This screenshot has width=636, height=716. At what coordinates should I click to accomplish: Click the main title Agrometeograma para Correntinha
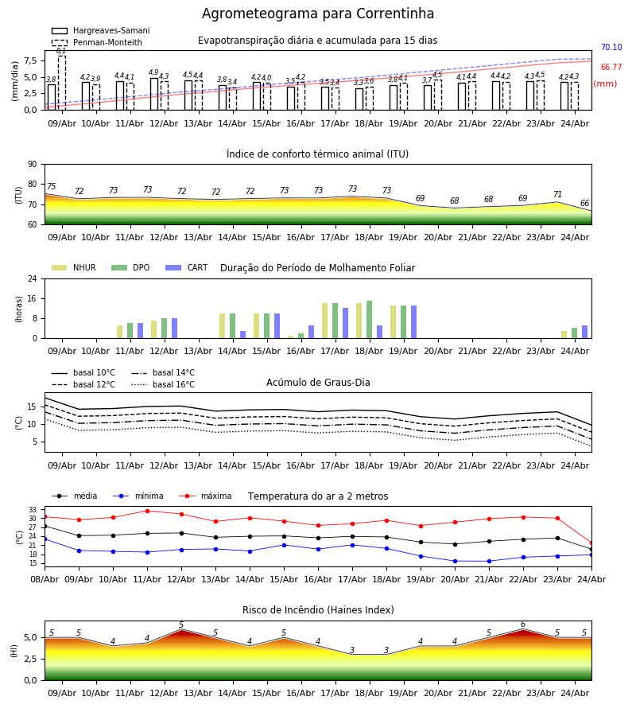[317, 14]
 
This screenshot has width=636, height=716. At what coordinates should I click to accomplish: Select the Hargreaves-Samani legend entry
[101, 30]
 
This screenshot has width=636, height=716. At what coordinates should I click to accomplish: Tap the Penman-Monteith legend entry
[97, 42]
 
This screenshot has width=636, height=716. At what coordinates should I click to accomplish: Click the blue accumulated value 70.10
[611, 47]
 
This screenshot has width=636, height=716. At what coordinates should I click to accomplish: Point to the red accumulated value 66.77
[611, 67]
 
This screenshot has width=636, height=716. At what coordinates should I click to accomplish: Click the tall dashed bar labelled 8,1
[61, 83]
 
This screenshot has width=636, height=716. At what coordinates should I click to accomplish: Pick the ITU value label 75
[51, 186]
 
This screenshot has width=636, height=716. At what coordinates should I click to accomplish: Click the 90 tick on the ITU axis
[33, 165]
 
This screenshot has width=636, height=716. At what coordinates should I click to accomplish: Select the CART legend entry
[187, 267]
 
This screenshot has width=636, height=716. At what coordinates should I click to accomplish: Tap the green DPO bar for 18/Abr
[369, 320]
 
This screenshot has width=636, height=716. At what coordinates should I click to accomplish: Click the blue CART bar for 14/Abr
[242, 335]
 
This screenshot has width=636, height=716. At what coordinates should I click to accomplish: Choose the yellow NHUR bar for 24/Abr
[564, 335]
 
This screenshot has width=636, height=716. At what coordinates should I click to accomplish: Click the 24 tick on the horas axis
[33, 278]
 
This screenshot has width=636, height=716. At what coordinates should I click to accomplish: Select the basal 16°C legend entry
[163, 384]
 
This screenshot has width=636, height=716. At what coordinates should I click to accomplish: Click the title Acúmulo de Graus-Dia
[318, 383]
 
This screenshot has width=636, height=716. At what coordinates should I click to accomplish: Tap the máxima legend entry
[206, 496]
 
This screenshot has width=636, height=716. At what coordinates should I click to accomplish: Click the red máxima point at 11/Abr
[147, 511]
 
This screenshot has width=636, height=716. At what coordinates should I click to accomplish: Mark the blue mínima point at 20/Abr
[455, 561]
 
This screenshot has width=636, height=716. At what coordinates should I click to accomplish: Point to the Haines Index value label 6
[523, 625]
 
